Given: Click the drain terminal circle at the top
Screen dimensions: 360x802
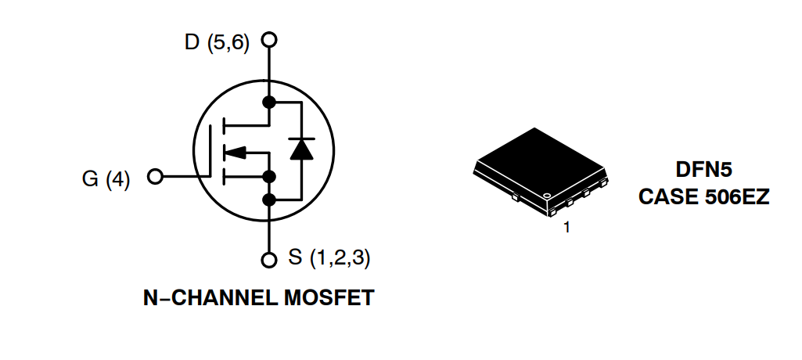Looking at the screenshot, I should (269, 39).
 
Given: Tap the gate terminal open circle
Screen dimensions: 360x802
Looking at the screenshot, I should (154, 177).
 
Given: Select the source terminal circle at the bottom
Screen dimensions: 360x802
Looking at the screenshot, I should (269, 259).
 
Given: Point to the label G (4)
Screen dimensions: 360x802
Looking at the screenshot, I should (106, 179).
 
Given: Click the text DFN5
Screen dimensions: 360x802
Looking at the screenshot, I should (703, 170).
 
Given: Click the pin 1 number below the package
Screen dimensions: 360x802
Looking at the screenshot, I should (566, 229).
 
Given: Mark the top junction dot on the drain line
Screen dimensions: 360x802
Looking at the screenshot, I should (269, 103).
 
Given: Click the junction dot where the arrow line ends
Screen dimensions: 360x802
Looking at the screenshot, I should (269, 175).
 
